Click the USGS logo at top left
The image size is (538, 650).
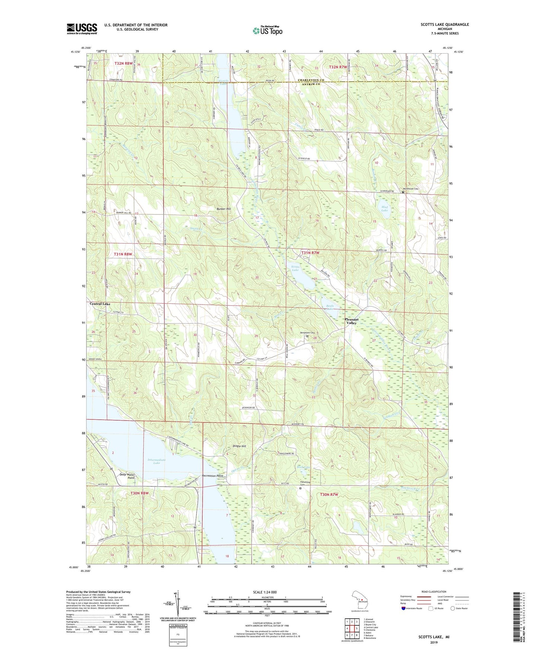tap(82, 29)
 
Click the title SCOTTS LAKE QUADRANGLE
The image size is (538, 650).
tap(445, 25)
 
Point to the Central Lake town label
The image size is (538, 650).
tap(100, 304)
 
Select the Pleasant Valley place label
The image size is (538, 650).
tap(351, 321)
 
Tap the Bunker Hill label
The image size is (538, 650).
tap(224, 209)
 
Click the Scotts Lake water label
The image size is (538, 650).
tap(295, 268)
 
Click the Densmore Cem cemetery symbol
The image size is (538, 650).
tap(308, 336)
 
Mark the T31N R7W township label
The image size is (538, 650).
tap(310, 253)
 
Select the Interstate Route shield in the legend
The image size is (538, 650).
tap(404, 608)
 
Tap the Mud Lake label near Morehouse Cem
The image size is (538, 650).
tap(384, 208)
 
